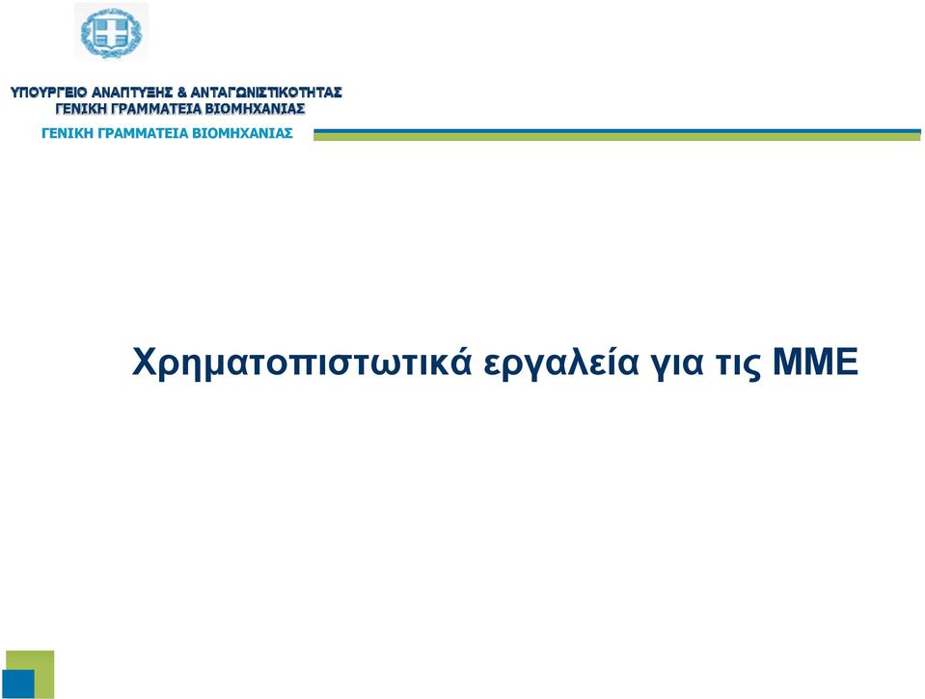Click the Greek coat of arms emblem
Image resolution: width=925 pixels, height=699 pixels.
pos(112,32)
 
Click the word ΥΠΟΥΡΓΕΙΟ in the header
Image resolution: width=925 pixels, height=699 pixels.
pos(49,93)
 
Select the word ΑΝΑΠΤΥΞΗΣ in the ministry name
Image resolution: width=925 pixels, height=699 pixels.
pos(132,93)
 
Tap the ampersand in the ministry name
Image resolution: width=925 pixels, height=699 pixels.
pos(181,93)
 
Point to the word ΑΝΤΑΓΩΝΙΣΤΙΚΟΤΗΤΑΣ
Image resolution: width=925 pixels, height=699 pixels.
pos(266,93)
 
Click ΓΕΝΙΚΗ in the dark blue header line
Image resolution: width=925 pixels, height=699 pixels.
pos(81,109)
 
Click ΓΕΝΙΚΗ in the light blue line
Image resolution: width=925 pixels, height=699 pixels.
pos(68,133)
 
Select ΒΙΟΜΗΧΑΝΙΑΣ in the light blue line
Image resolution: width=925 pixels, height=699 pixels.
pos(242,133)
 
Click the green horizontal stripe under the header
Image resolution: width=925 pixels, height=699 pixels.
pos(617,137)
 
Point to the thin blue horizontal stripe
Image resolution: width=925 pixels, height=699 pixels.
pos(617,131)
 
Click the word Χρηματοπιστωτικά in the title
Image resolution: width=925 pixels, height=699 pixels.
pos(302,363)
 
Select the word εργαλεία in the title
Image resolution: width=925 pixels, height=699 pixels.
pos(561,363)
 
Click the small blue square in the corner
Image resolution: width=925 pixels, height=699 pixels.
pos(18,685)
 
